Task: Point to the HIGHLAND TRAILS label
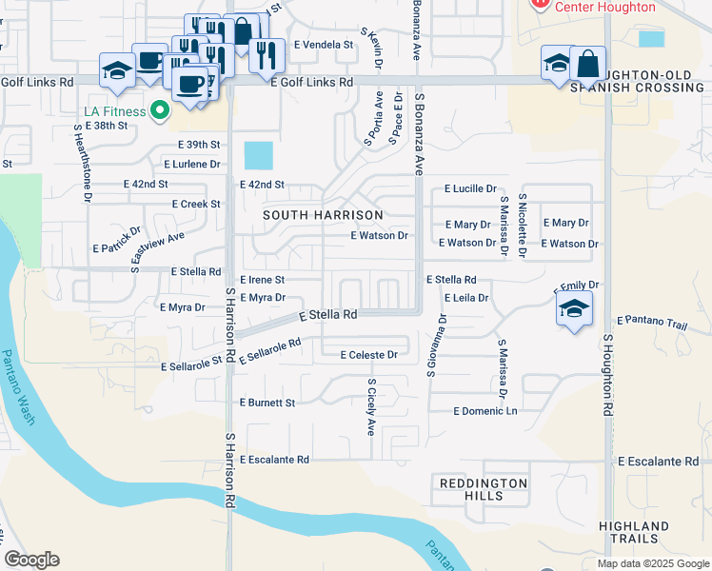click(x=634, y=533)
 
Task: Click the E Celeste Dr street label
click(x=367, y=355)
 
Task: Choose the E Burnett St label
click(x=267, y=403)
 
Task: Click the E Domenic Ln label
click(x=485, y=411)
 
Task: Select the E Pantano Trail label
click(x=652, y=324)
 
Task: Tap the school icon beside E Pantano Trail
click(x=573, y=308)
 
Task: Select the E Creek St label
click(x=196, y=205)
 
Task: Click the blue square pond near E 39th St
click(x=258, y=155)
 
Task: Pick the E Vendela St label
click(x=323, y=45)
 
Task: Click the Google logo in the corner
click(x=32, y=560)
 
